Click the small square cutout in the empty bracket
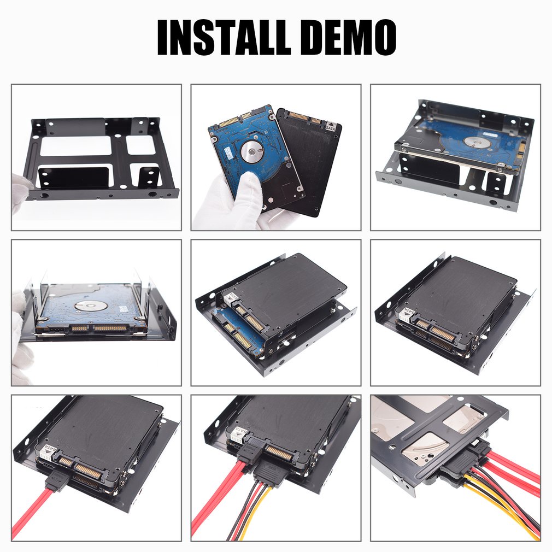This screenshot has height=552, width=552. click(x=140, y=145)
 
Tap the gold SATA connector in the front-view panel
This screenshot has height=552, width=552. click(x=109, y=328)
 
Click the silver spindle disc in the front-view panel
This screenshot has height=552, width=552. click(x=90, y=305)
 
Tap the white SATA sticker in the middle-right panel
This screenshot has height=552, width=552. click(x=407, y=314)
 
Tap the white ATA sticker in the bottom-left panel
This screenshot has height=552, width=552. click(x=47, y=451)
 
